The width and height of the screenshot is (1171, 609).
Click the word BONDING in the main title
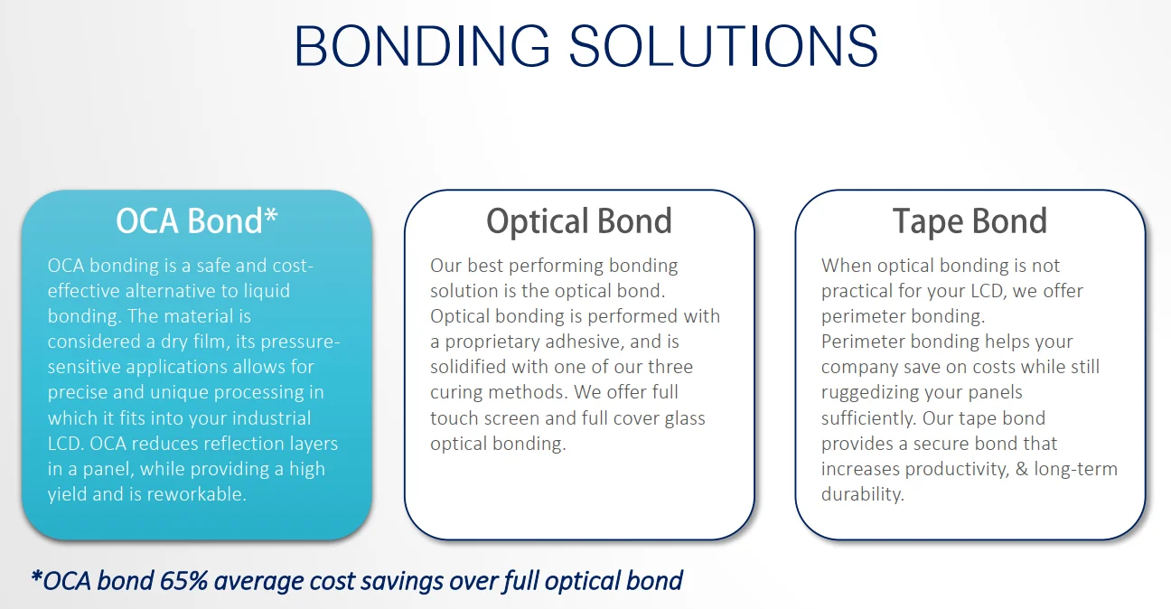point(422,46)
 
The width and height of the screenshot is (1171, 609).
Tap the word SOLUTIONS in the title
point(724,46)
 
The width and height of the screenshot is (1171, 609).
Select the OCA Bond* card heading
point(197,220)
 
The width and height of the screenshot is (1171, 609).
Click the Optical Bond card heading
point(579,221)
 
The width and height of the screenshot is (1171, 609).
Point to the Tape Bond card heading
point(970,221)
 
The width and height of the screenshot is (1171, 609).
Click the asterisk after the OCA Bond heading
point(271,214)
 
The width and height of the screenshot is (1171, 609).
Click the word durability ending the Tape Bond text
point(863,494)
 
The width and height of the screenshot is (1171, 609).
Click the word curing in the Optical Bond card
point(456,393)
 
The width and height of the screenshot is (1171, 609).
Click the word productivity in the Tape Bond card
point(957,470)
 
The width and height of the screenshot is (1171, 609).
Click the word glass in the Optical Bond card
point(685,418)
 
